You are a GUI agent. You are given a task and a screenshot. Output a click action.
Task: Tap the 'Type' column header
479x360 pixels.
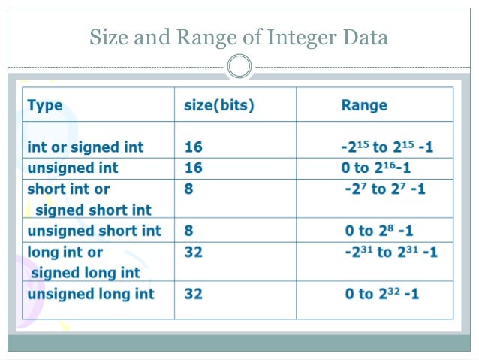click(x=45, y=105)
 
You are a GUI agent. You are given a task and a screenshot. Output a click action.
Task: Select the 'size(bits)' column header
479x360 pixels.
click(x=219, y=105)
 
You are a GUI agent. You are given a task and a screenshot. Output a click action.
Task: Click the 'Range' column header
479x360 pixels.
click(x=364, y=105)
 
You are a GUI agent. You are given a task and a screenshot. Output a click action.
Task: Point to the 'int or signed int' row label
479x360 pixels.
click(x=86, y=147)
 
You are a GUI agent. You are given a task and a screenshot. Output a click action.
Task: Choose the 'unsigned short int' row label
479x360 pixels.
click(x=94, y=231)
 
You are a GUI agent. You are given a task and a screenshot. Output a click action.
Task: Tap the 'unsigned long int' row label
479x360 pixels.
click(x=90, y=293)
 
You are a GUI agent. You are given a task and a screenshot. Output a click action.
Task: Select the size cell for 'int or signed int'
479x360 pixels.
click(x=194, y=147)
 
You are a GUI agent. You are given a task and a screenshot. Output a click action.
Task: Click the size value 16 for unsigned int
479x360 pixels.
click(x=194, y=168)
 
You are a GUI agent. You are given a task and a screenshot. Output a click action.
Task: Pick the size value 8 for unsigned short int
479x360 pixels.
click(x=189, y=231)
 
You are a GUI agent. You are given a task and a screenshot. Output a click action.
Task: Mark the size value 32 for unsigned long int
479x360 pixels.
click(x=194, y=293)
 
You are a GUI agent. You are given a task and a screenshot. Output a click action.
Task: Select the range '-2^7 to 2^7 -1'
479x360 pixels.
click(x=384, y=189)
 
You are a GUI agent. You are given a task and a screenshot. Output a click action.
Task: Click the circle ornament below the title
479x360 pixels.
click(x=239, y=67)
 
